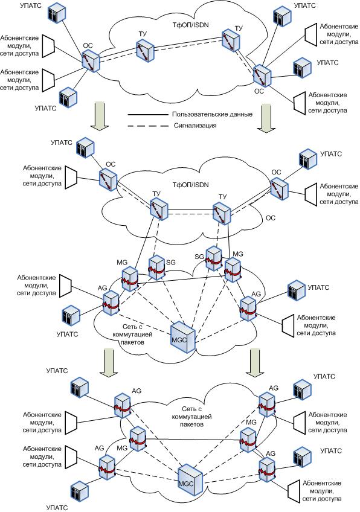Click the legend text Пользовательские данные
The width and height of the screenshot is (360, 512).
click(213, 114)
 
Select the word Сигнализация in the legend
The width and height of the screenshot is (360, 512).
click(195, 126)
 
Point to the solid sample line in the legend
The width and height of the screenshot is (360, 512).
click(147, 115)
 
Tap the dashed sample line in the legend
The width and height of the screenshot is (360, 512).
click(147, 126)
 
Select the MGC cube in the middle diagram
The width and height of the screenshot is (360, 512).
click(183, 337)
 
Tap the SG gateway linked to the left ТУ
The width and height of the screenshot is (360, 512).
click(156, 267)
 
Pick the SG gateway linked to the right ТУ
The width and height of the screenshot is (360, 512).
click(214, 258)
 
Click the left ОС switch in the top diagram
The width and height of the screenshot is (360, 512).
click(91, 61)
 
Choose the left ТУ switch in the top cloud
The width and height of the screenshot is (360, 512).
click(146, 50)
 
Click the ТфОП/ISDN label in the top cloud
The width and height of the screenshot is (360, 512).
click(191, 25)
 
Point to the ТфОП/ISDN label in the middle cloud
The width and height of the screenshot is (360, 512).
click(191, 185)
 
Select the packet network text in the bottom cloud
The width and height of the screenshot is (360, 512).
click(191, 417)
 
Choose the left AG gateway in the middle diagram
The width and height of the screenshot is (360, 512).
click(111, 303)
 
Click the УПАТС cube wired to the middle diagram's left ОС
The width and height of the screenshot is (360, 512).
click(85, 148)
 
